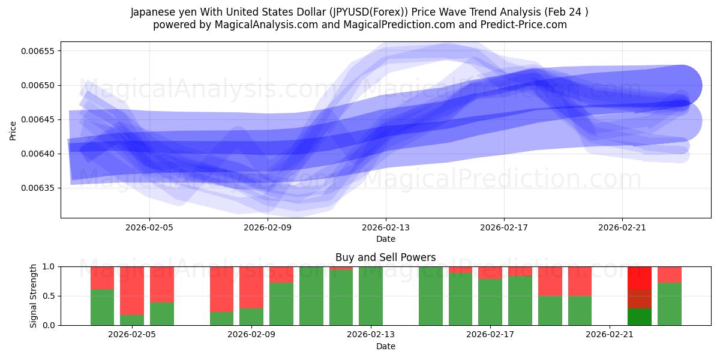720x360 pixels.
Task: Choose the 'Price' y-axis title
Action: pos(13,130)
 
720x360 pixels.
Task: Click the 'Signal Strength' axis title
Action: pos(34,296)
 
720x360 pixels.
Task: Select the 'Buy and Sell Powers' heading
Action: pos(385,257)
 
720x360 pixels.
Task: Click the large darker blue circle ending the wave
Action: pos(680,86)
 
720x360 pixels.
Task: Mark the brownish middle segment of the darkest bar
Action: pos(639,299)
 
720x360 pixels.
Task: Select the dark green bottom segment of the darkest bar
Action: pos(639,317)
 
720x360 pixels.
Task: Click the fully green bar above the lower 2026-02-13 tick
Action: pos(371,296)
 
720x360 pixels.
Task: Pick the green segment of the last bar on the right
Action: pos(669,304)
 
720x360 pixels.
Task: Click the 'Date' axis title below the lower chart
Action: pos(385,346)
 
